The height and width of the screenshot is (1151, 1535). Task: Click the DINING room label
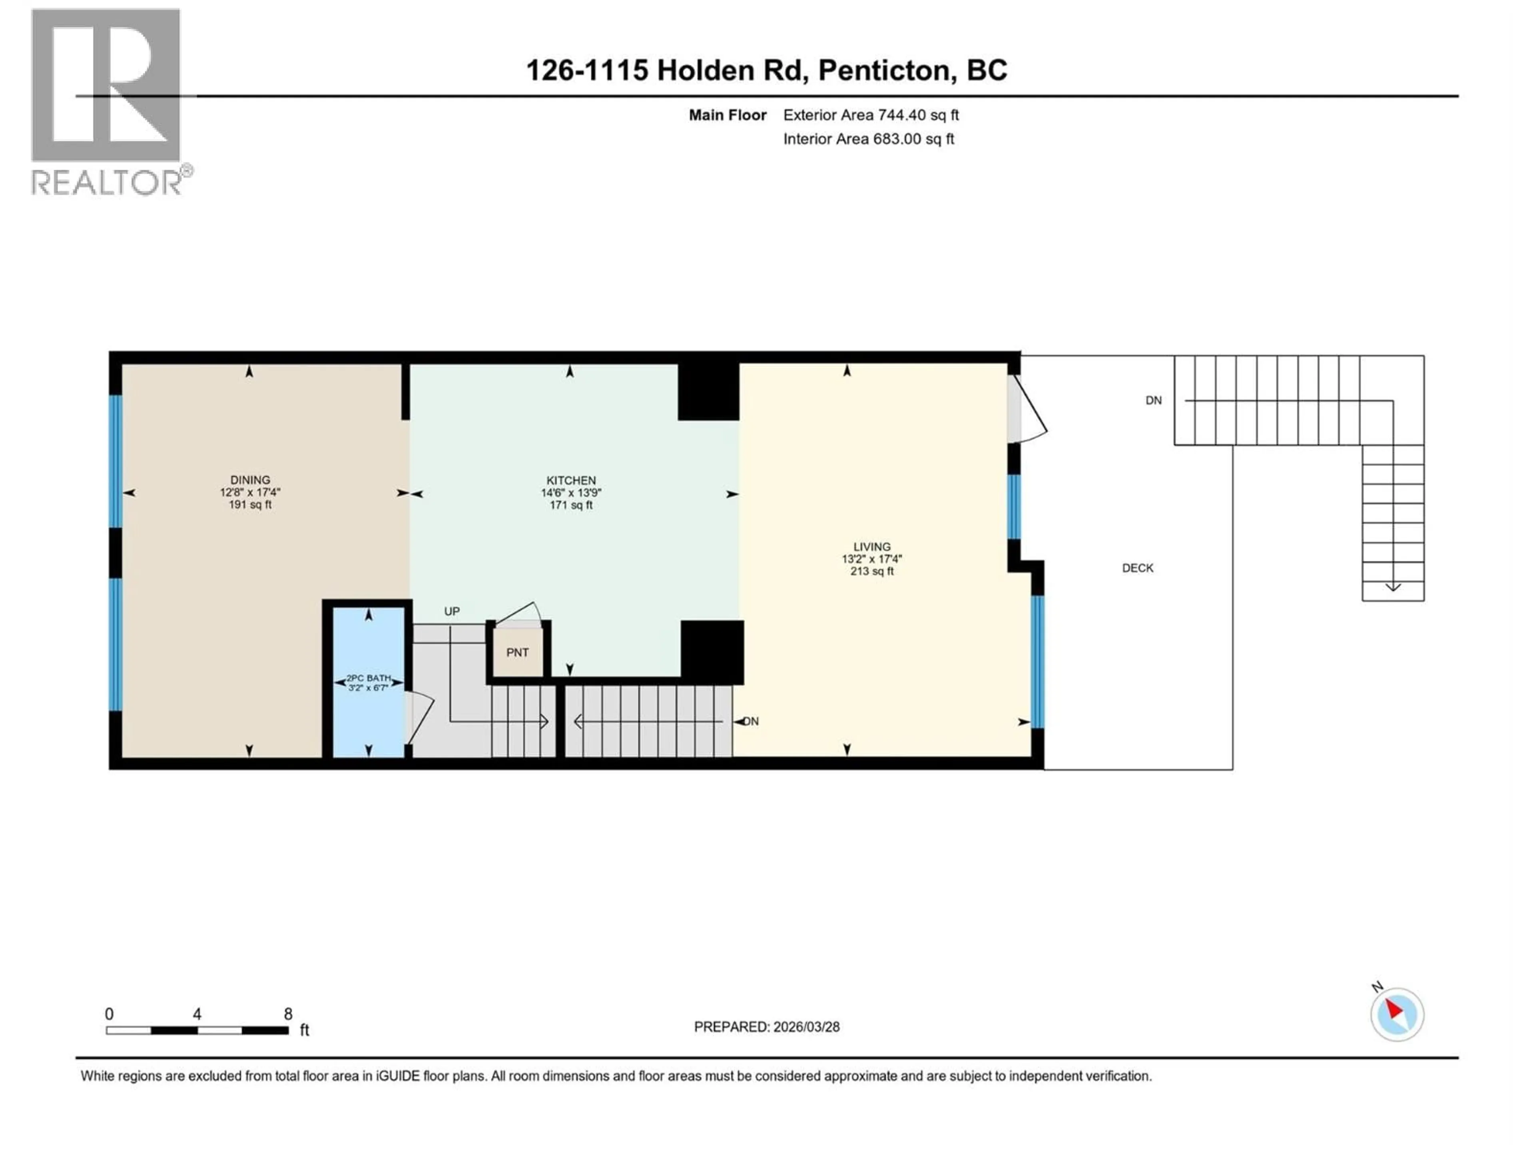pos(250,480)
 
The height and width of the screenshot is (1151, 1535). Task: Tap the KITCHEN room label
pos(570,480)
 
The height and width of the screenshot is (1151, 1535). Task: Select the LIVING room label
pos(871,547)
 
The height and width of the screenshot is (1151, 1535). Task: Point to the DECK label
pos(1137,568)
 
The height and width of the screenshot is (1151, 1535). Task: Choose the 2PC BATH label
pos(369,678)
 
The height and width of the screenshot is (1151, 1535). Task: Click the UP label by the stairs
pos(452,611)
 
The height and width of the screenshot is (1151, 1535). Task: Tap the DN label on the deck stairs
pos(1153,400)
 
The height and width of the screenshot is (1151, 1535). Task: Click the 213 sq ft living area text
pos(871,572)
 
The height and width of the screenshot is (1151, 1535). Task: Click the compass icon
pos(1397,1014)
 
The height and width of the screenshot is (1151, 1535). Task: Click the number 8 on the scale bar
pos(288,1014)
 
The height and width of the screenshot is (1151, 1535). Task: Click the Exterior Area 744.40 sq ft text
pos(871,115)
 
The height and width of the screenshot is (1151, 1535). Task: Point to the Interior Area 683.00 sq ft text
pos(868,139)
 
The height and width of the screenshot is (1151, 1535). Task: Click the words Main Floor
pos(727,115)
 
